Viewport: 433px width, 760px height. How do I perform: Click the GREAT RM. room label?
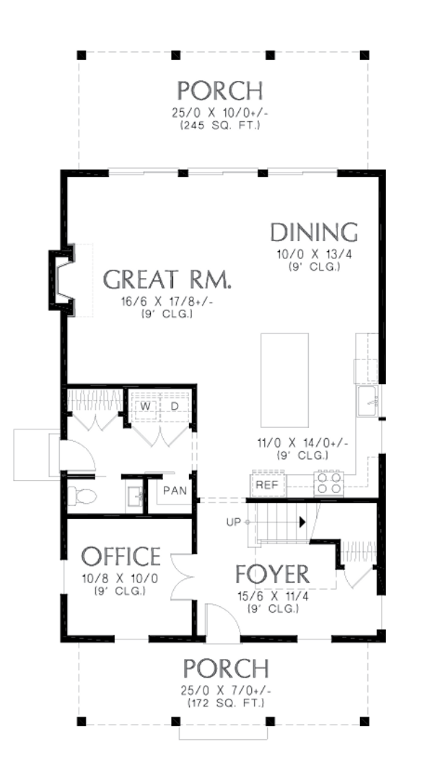(x=167, y=279)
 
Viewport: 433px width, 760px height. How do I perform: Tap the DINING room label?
(x=314, y=232)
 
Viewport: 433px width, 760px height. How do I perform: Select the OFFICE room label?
(x=121, y=556)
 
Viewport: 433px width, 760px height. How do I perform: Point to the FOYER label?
(x=272, y=575)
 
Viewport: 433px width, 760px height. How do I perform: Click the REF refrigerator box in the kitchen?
(x=267, y=485)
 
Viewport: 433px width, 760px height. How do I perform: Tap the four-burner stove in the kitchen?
(x=328, y=482)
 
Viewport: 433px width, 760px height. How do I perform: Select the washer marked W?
(x=146, y=407)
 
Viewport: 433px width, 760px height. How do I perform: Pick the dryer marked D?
(x=174, y=407)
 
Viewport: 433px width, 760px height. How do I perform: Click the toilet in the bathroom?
(x=82, y=496)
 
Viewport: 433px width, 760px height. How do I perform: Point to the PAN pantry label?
(x=175, y=491)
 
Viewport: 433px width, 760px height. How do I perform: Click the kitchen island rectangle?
(x=284, y=380)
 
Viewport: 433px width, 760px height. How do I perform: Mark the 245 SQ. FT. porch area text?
(x=220, y=126)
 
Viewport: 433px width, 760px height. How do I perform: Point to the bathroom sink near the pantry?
(x=134, y=497)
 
